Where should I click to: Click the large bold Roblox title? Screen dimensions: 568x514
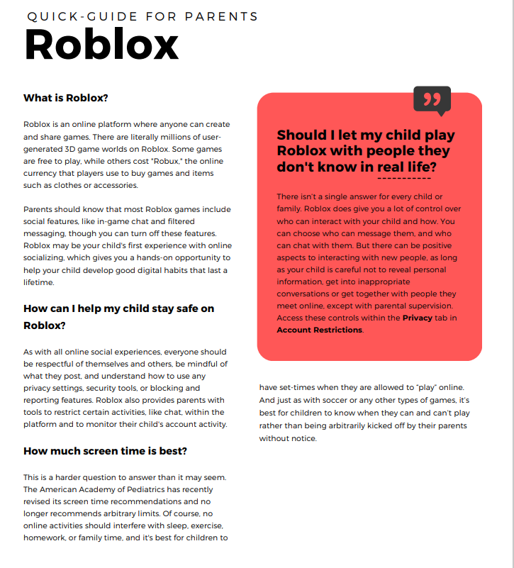tap(101, 45)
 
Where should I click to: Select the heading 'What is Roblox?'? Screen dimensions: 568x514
tap(66, 98)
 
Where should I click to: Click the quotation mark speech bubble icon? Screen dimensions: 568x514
tap(431, 100)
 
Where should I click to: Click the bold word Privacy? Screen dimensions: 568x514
tap(418, 318)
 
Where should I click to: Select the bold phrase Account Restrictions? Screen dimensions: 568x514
tap(319, 330)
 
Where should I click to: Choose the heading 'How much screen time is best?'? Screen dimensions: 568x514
tap(105, 451)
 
